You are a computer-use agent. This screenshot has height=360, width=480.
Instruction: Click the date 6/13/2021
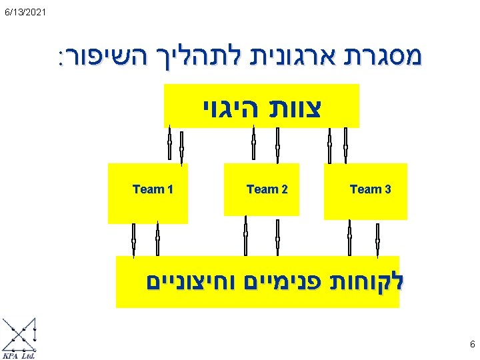24,12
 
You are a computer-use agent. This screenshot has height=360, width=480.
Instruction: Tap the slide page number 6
472,345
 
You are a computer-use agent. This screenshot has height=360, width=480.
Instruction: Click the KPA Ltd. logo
20,339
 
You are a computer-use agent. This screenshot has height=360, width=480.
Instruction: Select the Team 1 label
153,189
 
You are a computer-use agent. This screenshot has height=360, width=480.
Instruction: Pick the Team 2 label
267,189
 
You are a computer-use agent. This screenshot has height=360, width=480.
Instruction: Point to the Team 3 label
370,189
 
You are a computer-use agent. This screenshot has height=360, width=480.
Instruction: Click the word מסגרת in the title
388,59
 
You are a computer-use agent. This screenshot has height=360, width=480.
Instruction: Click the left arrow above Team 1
169,143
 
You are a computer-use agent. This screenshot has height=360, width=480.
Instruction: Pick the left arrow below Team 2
245,235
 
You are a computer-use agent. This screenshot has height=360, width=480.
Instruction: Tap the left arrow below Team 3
349,235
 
